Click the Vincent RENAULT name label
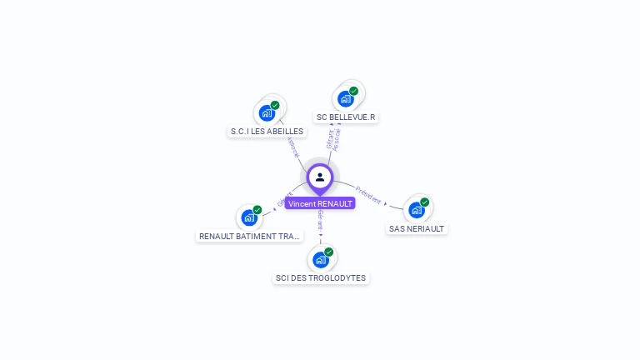[x=320, y=203]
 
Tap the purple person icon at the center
[x=320, y=177]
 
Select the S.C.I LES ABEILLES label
[x=267, y=132]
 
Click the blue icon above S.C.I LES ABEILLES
[x=267, y=112]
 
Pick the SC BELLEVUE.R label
[x=346, y=117]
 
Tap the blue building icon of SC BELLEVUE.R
[x=345, y=98]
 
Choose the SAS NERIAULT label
[x=417, y=228]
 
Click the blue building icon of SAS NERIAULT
[x=416, y=210]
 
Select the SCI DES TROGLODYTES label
[x=321, y=277]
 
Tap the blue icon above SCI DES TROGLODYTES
[x=320, y=259]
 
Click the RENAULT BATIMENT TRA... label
[x=249, y=237]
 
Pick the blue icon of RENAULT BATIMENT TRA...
[x=248, y=217]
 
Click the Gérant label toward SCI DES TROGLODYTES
[x=320, y=220]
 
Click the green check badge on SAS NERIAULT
[x=425, y=202]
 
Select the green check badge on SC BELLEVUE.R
[x=354, y=91]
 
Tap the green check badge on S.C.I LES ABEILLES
[x=275, y=105]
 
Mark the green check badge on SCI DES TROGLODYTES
[x=329, y=252]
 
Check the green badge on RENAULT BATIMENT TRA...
[x=257, y=210]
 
